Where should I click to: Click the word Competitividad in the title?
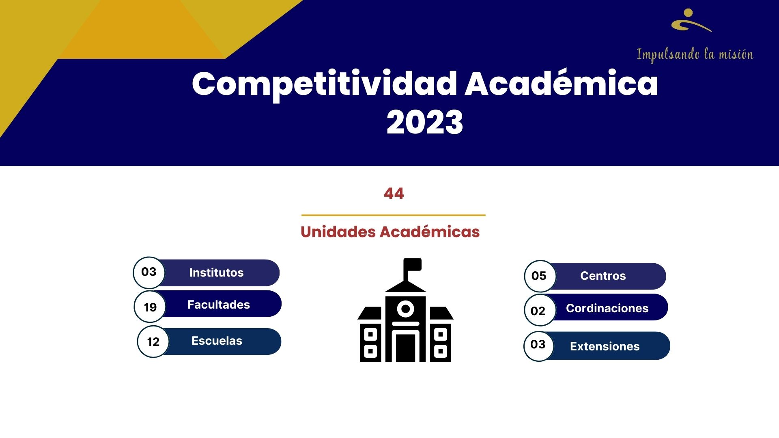tap(325, 84)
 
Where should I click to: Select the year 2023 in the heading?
tap(425, 122)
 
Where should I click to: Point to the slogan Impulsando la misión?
tap(695, 55)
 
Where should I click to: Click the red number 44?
tap(394, 193)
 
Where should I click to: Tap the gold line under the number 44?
tap(393, 215)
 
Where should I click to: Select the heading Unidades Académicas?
tap(390, 232)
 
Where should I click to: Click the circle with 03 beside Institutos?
tap(149, 272)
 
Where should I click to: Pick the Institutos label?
tap(216, 273)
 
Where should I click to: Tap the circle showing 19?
tap(150, 307)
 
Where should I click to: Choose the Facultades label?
tap(219, 305)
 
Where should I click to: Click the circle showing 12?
tap(153, 341)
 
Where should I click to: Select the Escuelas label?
tap(217, 341)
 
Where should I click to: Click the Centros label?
tap(603, 276)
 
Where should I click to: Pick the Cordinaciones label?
tap(607, 308)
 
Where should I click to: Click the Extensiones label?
tap(605, 346)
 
